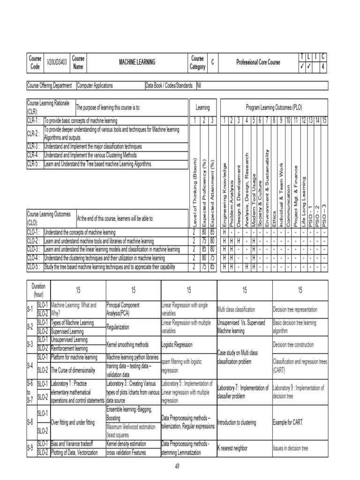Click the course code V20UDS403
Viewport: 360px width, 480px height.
[x=58, y=62]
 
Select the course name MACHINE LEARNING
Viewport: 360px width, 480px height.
[x=137, y=62]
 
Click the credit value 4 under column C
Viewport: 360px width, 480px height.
[x=323, y=66]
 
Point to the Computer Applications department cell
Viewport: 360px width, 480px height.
[x=95, y=86]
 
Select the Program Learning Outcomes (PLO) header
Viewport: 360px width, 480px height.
[x=274, y=107]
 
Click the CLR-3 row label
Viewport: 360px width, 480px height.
[x=35, y=146]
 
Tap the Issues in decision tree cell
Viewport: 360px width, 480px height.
[x=291, y=448]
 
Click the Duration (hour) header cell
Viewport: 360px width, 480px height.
[x=38, y=291]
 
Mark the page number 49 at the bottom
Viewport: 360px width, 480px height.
[x=177, y=465]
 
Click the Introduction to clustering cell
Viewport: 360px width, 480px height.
[x=237, y=422]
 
